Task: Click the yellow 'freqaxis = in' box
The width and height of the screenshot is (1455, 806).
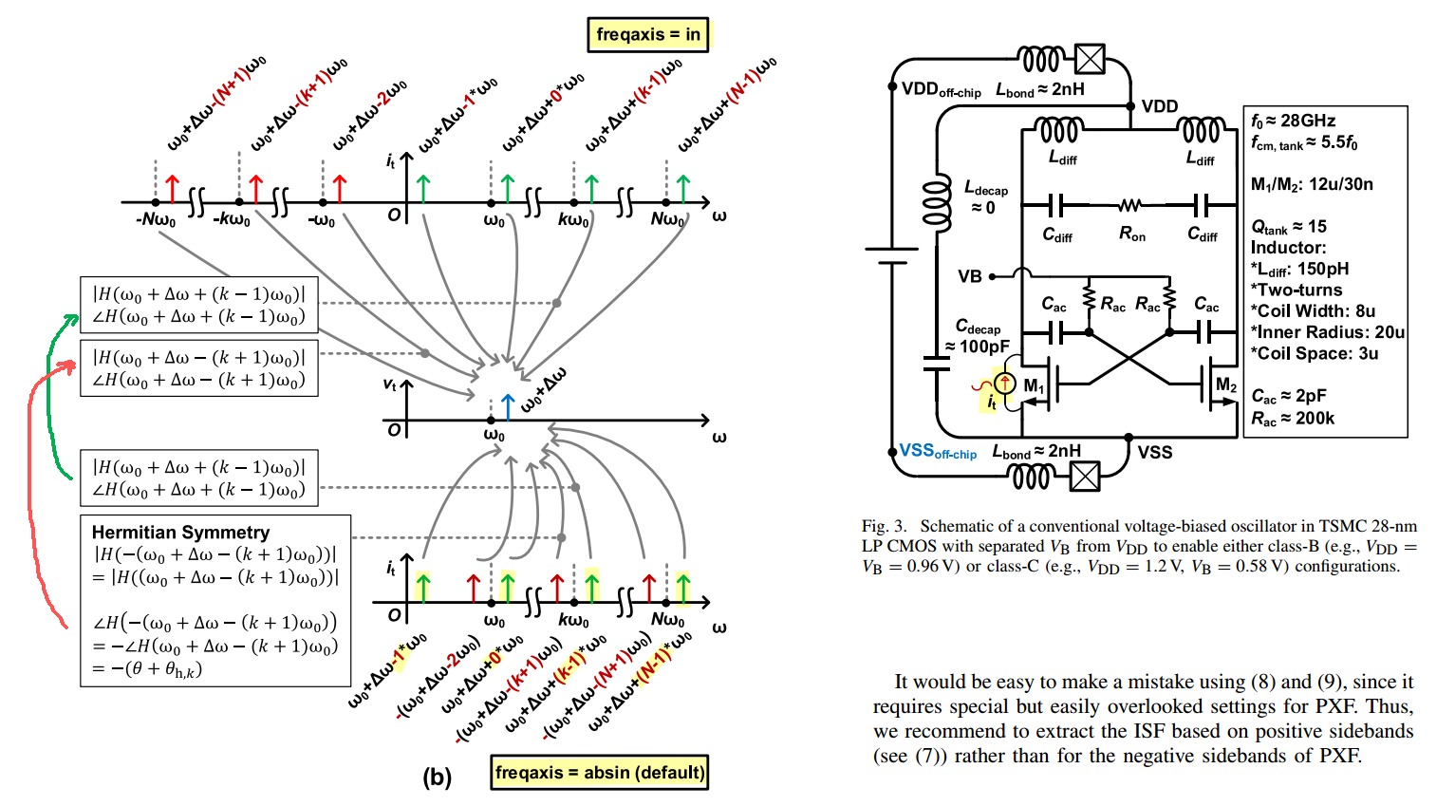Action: point(647,34)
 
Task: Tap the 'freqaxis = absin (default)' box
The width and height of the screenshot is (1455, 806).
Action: point(599,772)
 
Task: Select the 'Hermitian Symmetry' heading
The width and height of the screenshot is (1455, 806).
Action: point(180,533)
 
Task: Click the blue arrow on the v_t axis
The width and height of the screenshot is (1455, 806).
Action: point(508,406)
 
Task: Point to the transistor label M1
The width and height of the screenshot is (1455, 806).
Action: point(1034,386)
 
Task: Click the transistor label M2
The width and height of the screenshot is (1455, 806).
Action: point(1225,385)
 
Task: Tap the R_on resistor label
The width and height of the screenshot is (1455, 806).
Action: point(1132,234)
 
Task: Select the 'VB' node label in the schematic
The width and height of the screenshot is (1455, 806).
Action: point(970,276)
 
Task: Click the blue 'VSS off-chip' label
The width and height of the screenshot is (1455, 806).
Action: point(938,452)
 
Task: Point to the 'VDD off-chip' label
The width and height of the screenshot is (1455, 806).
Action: point(942,89)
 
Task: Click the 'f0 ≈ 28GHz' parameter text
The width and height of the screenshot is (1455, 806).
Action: point(1294,122)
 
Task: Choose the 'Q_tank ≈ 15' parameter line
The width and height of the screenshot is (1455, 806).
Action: point(1289,227)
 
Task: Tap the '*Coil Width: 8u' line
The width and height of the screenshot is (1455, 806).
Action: point(1313,311)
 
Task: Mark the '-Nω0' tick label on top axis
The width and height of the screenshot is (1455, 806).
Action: point(156,220)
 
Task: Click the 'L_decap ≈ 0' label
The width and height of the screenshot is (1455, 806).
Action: point(985,197)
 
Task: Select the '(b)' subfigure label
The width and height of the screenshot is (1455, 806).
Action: point(438,777)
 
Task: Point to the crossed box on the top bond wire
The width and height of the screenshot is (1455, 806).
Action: point(1090,59)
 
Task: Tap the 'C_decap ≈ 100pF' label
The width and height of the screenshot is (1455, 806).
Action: point(978,336)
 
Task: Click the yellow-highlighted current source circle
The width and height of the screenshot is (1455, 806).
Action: point(1004,383)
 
